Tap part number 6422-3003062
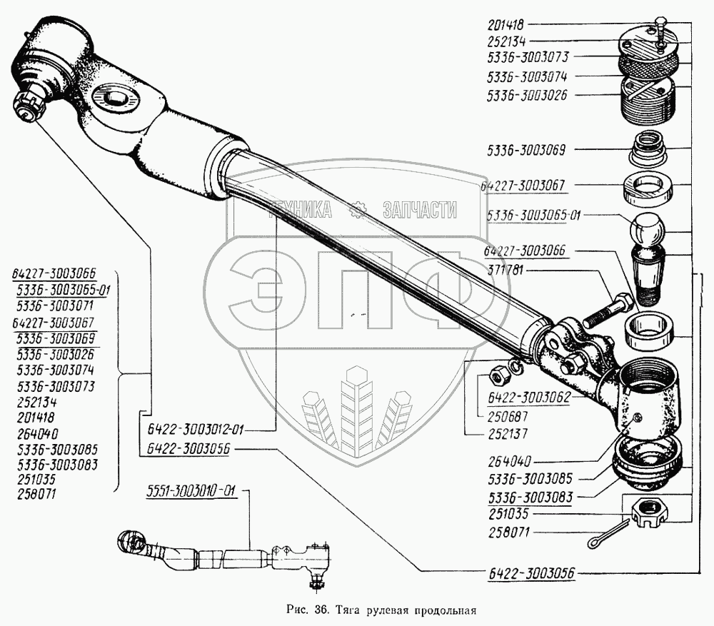pos(528,397)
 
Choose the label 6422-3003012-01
pos(192,430)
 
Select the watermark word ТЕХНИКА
pos(299,209)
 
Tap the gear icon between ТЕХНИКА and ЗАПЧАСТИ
pos(357,209)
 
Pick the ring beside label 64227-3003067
pos(648,188)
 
